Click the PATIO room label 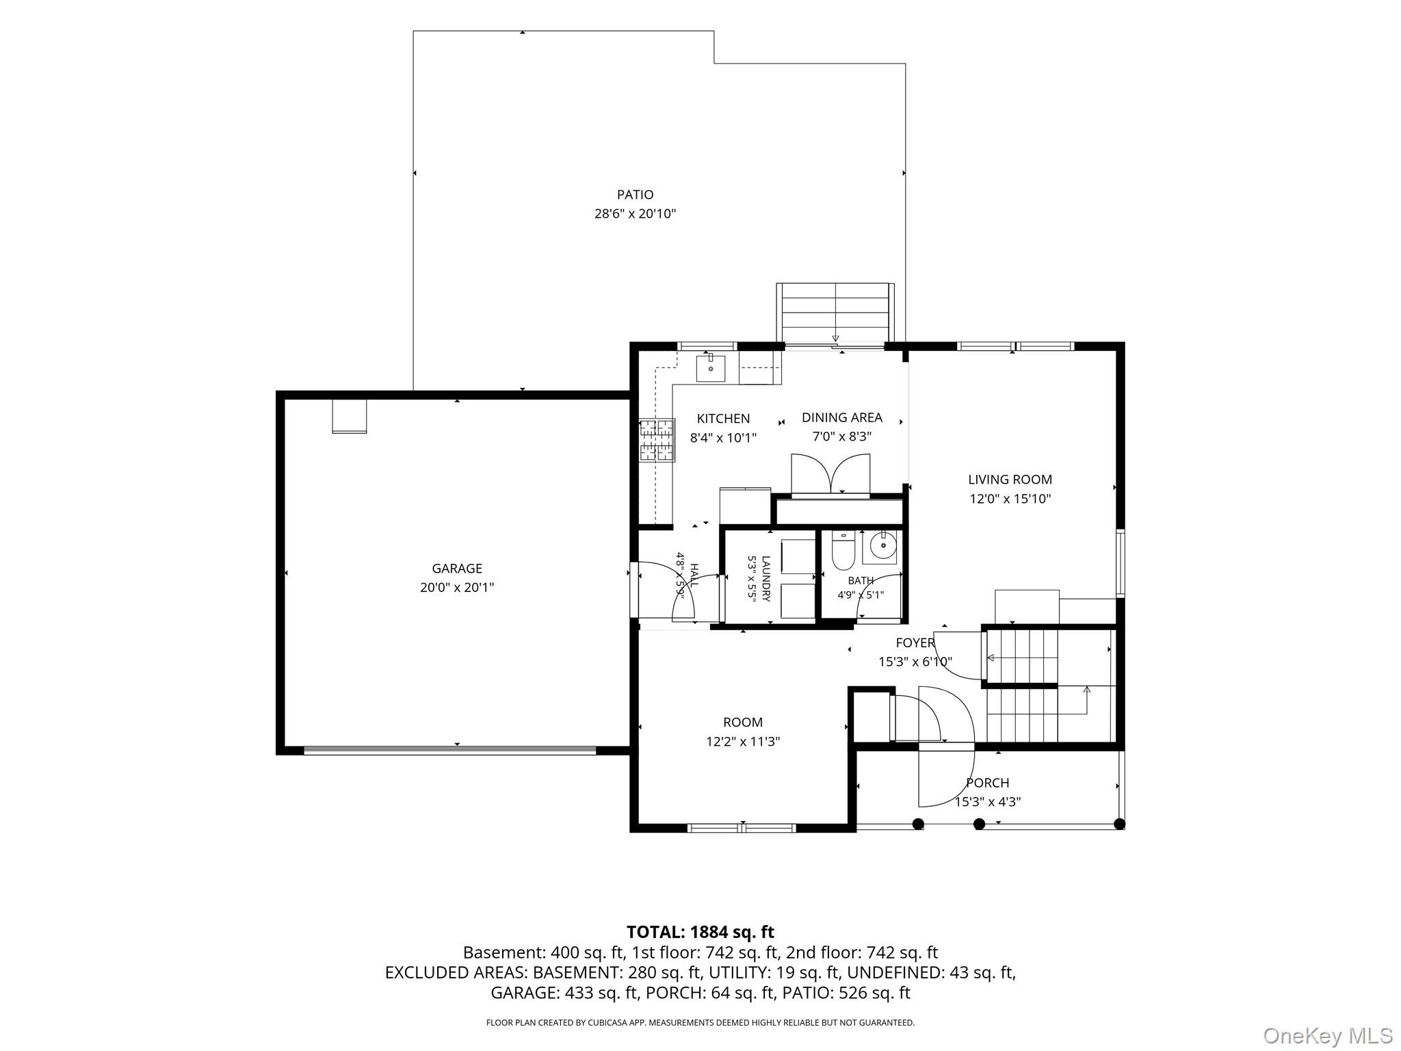(x=635, y=195)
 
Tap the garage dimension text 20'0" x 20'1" (x=457, y=587)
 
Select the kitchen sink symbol (x=711, y=368)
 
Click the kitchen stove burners (x=657, y=440)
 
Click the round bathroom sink (x=883, y=546)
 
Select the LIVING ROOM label (x=1010, y=480)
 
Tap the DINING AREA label (x=842, y=417)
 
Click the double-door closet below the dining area (x=830, y=473)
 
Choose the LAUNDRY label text (x=765, y=579)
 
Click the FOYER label (x=915, y=643)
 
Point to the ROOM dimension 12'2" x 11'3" (x=743, y=741)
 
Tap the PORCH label (x=987, y=783)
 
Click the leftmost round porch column (x=918, y=824)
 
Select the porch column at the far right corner (x=1119, y=824)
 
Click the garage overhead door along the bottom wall (x=450, y=750)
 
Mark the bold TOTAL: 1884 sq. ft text (x=700, y=932)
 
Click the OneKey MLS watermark (x=1328, y=1035)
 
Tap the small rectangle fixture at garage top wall (x=349, y=416)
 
